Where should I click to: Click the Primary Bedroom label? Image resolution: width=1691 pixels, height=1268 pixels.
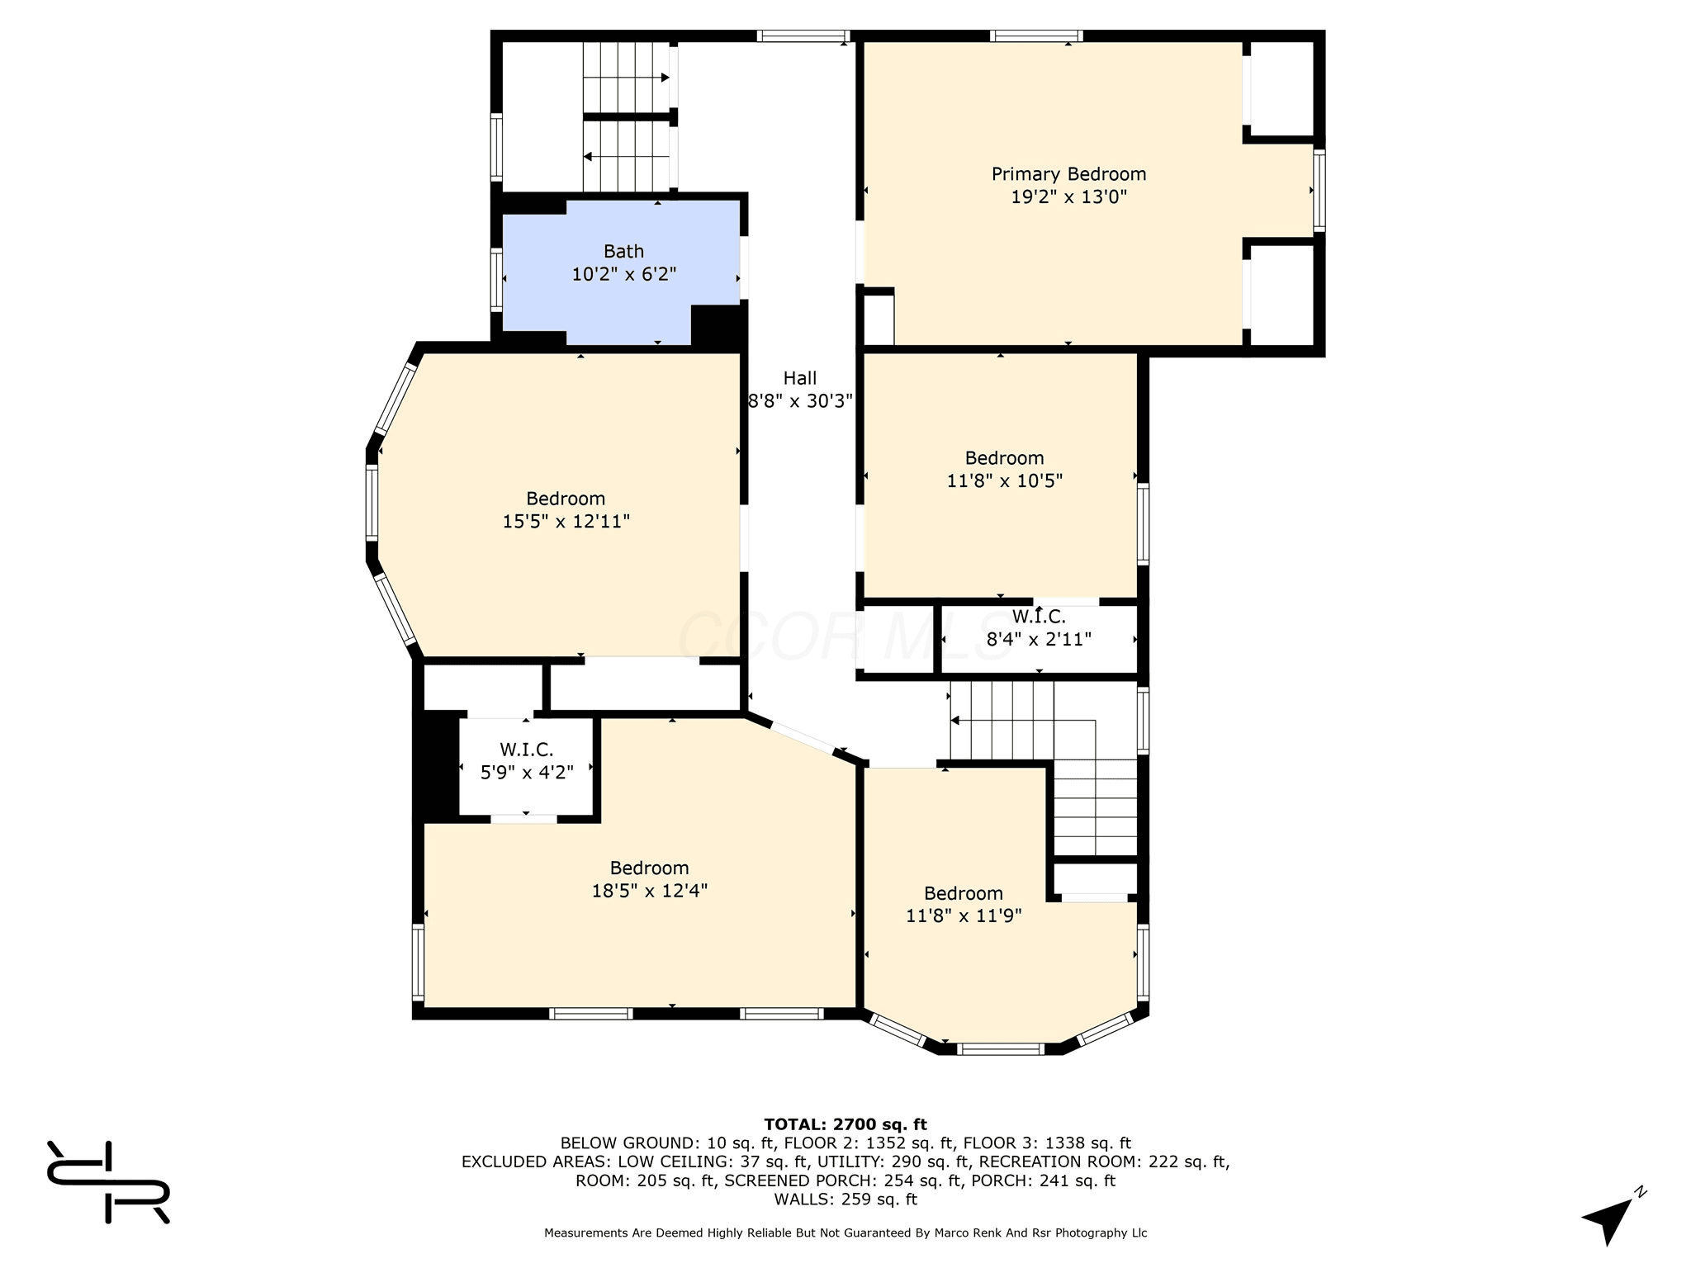1068,174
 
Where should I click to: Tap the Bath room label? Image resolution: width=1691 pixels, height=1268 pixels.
623,251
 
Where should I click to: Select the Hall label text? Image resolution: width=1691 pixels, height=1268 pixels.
799,378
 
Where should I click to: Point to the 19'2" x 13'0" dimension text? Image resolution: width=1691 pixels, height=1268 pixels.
1068,197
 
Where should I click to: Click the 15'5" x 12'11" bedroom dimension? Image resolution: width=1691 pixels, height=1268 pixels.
566,522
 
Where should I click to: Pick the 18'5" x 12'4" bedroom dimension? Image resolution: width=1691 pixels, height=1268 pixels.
650,891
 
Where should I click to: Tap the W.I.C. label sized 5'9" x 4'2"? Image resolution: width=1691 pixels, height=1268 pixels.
527,750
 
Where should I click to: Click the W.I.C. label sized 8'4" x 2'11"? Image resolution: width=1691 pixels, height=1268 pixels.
1039,617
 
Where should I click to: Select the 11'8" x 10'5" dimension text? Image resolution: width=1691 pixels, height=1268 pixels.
1004,480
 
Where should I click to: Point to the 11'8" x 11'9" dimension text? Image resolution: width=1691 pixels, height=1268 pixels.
964,916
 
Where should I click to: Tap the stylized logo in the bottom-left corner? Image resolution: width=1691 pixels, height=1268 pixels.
108,1182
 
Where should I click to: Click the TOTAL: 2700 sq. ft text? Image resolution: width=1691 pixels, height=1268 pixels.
845,1124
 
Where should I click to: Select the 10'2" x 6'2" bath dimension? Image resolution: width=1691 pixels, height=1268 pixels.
624,274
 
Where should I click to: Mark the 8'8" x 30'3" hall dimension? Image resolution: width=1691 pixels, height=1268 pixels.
800,401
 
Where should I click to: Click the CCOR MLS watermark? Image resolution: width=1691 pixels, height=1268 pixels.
845,636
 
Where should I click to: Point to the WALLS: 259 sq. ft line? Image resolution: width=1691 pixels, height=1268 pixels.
845,1199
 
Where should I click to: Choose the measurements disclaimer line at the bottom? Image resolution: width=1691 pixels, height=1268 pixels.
845,1233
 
